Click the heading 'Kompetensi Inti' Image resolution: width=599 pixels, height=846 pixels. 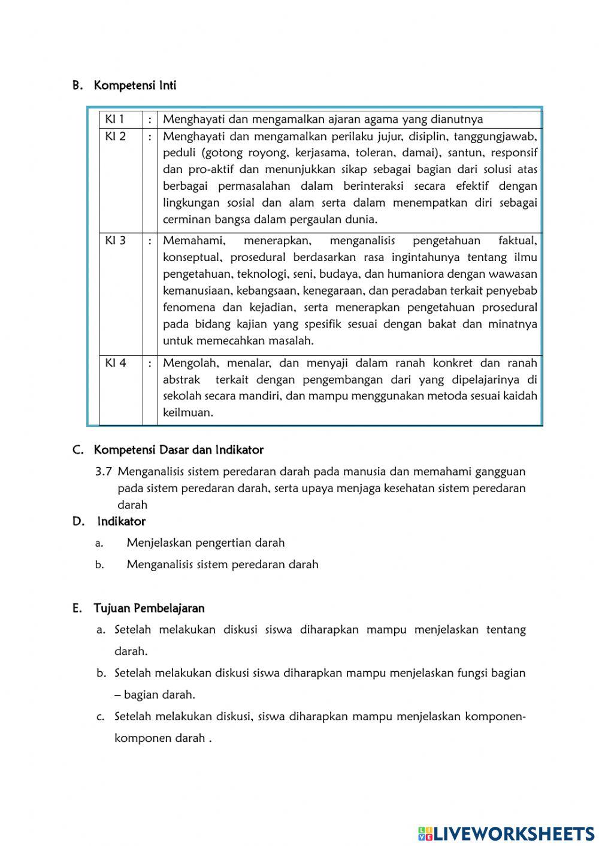click(x=135, y=86)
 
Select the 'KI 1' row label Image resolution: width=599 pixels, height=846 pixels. click(x=114, y=119)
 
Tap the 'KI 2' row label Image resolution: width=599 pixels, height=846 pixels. click(x=116, y=136)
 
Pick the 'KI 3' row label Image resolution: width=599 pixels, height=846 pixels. click(x=116, y=241)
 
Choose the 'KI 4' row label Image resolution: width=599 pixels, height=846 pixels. click(x=116, y=363)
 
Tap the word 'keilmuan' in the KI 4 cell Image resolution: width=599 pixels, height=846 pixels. click(x=187, y=413)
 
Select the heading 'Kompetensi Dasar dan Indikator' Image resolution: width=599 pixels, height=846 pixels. click(x=179, y=450)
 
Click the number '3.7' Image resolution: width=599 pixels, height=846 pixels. click(x=103, y=471)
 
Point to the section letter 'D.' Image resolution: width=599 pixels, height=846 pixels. click(x=78, y=521)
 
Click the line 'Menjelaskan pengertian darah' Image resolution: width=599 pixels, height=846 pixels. click(x=205, y=543)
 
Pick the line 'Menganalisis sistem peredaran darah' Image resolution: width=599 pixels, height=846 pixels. click(x=222, y=565)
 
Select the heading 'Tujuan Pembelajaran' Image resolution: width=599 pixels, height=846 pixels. click(x=149, y=608)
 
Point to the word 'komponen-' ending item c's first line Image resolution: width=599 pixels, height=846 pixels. click(x=495, y=717)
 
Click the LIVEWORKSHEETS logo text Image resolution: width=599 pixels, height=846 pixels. click(x=513, y=833)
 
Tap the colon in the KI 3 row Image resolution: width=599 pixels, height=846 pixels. click(x=150, y=241)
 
